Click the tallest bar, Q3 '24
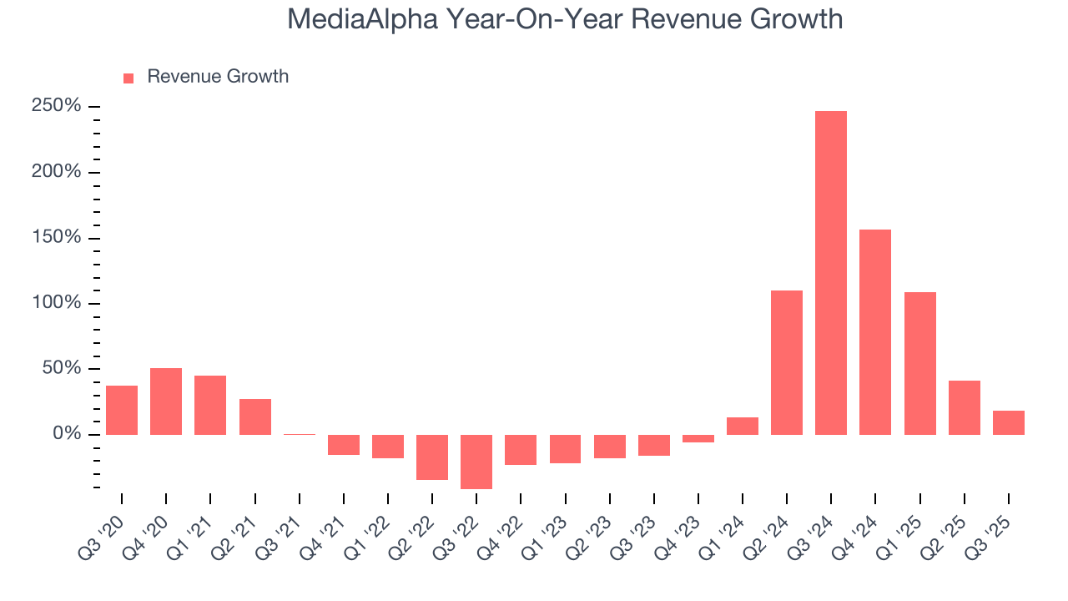pyautogui.click(x=831, y=273)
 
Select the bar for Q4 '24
pyautogui.click(x=875, y=332)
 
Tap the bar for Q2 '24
pyautogui.click(x=787, y=362)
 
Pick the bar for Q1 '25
pyautogui.click(x=919, y=363)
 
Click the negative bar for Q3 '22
pyautogui.click(x=476, y=462)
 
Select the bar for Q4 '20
pyautogui.click(x=166, y=402)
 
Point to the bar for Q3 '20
pyautogui.click(x=122, y=410)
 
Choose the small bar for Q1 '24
pyautogui.click(x=743, y=426)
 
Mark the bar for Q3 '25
pyautogui.click(x=1008, y=422)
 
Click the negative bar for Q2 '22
pyautogui.click(x=432, y=457)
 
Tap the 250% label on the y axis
pyautogui.click(x=56, y=107)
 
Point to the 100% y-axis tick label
pyautogui.click(x=56, y=303)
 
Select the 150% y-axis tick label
pyautogui.click(x=56, y=238)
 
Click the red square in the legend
pyautogui.click(x=128, y=78)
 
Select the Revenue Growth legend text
pyautogui.click(x=218, y=77)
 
